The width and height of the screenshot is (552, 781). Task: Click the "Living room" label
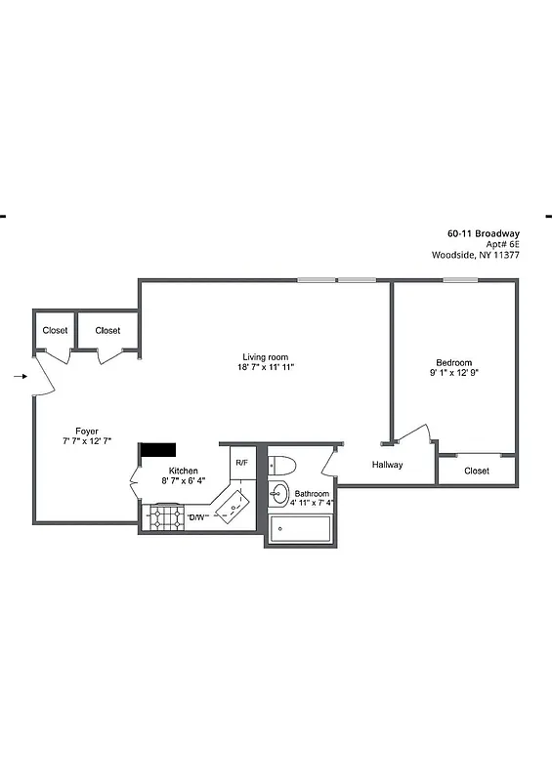(x=266, y=356)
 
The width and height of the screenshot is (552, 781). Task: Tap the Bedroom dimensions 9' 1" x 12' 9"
(x=453, y=373)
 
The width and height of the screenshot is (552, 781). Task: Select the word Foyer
(x=87, y=431)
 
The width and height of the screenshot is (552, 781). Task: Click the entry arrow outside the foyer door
(x=22, y=375)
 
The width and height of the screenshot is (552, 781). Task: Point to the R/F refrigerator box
(x=241, y=462)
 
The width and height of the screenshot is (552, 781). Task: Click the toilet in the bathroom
(x=282, y=465)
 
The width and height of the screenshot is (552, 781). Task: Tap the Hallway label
(x=387, y=465)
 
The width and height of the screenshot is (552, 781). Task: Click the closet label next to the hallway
(x=477, y=471)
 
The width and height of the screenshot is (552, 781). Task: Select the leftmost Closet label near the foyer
(x=55, y=331)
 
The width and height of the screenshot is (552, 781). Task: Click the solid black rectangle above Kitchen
(x=158, y=449)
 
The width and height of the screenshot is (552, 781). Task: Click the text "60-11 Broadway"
(x=483, y=233)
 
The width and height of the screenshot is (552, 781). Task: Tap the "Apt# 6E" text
(x=497, y=244)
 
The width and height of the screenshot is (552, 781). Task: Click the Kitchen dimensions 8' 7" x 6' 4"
(x=184, y=481)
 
